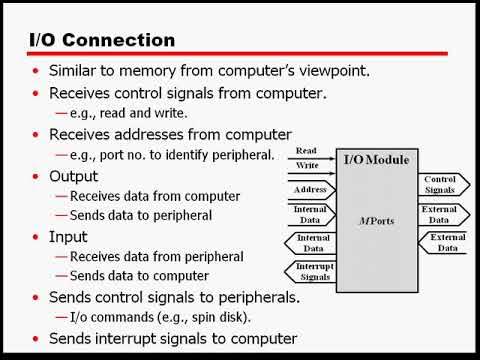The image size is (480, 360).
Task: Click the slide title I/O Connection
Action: (99, 40)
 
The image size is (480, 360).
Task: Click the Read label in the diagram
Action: (306, 152)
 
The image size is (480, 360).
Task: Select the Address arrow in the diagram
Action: (312, 189)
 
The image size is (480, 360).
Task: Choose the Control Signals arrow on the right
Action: (441, 184)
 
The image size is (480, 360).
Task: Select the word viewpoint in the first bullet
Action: (321, 71)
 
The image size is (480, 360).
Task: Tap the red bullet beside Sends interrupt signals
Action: (37, 339)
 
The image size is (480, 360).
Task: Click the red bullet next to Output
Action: (37, 177)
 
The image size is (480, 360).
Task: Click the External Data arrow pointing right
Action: (440, 213)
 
